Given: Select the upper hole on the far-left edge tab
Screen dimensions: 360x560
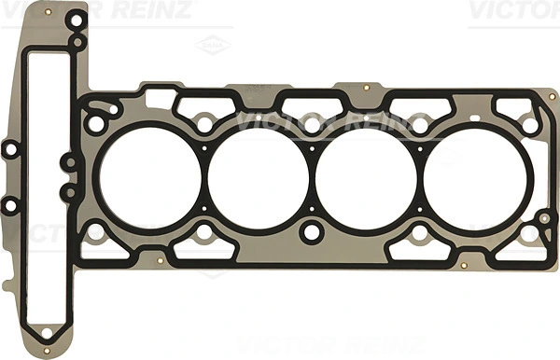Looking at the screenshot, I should click(9, 148).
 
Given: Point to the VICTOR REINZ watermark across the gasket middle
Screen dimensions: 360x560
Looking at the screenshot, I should click(308, 122).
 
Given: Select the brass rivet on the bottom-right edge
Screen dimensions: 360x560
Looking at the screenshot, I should click(464, 267).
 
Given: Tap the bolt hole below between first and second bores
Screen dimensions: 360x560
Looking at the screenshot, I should click(202, 232).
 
